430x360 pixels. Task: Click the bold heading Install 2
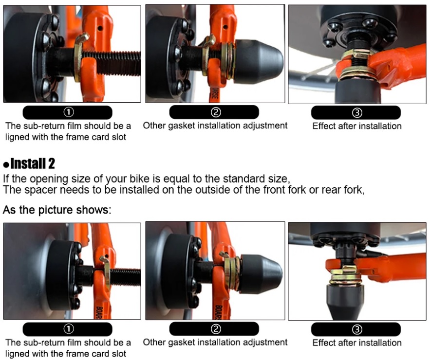pos(32,163)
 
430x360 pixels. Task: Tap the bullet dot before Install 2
pos(6,164)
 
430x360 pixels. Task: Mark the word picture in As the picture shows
pos(56,210)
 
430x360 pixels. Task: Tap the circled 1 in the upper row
pos(69,112)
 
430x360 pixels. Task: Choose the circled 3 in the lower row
pos(357,329)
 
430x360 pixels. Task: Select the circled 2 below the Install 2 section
pos(216,329)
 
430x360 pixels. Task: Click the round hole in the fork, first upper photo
pos(100,28)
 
